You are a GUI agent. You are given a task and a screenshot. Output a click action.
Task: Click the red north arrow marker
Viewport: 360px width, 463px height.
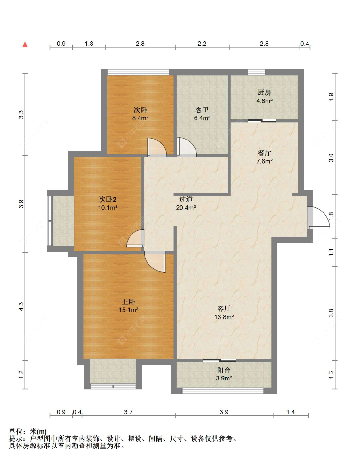(25, 44)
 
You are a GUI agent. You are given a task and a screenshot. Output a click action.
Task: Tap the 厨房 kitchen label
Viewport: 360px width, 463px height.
(264, 92)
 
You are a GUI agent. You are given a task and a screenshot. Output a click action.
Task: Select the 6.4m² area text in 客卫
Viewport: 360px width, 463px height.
(202, 118)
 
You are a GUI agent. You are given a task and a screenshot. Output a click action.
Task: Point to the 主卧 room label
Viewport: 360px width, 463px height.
(128, 302)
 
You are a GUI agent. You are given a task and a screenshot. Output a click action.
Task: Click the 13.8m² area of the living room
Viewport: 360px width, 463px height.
(224, 317)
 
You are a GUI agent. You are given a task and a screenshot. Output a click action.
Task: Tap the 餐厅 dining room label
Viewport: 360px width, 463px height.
(264, 153)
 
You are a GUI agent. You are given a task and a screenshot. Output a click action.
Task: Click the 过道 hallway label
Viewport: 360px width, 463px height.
(186, 199)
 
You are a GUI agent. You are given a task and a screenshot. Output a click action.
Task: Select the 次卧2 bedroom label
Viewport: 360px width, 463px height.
(108, 199)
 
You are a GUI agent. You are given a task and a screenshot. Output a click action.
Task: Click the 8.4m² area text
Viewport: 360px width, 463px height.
(140, 118)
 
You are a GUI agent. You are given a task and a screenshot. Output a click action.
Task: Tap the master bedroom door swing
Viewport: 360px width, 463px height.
(155, 262)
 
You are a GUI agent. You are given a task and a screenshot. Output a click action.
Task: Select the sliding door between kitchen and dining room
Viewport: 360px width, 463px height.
(262, 121)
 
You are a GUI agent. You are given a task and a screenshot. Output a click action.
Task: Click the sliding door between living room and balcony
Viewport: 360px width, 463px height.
(220, 360)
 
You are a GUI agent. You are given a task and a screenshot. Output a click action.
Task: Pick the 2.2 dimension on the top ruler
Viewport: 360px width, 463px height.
(202, 44)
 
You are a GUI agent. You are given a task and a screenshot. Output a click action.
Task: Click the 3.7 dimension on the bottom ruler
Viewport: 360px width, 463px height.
(128, 412)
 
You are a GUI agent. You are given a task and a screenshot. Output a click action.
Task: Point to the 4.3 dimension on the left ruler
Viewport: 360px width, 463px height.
(21, 307)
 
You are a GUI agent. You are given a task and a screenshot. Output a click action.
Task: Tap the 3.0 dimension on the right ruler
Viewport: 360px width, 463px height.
(331, 158)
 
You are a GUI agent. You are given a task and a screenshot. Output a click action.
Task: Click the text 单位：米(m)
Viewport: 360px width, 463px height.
(28, 431)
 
